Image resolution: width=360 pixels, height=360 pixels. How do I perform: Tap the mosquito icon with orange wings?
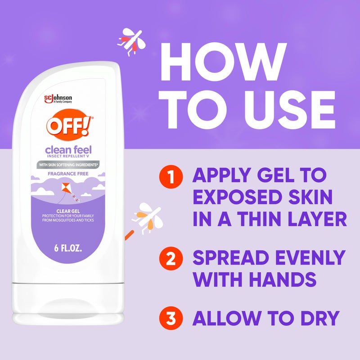[148, 217]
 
